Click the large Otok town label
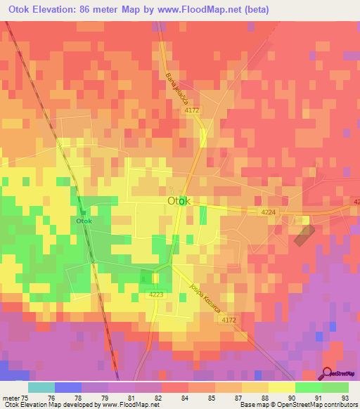(179, 201)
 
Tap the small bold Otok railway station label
(84, 221)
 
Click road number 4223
(156, 294)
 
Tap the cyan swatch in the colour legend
(41, 387)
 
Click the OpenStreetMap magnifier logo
(328, 374)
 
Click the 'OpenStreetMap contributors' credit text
(319, 405)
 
